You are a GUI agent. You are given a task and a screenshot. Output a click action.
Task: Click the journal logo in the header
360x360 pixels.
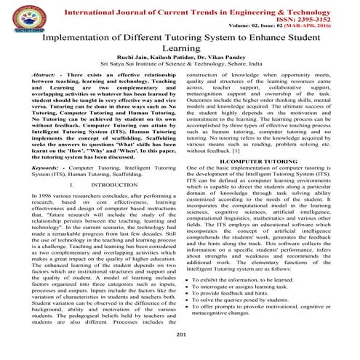tap(23, 16)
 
